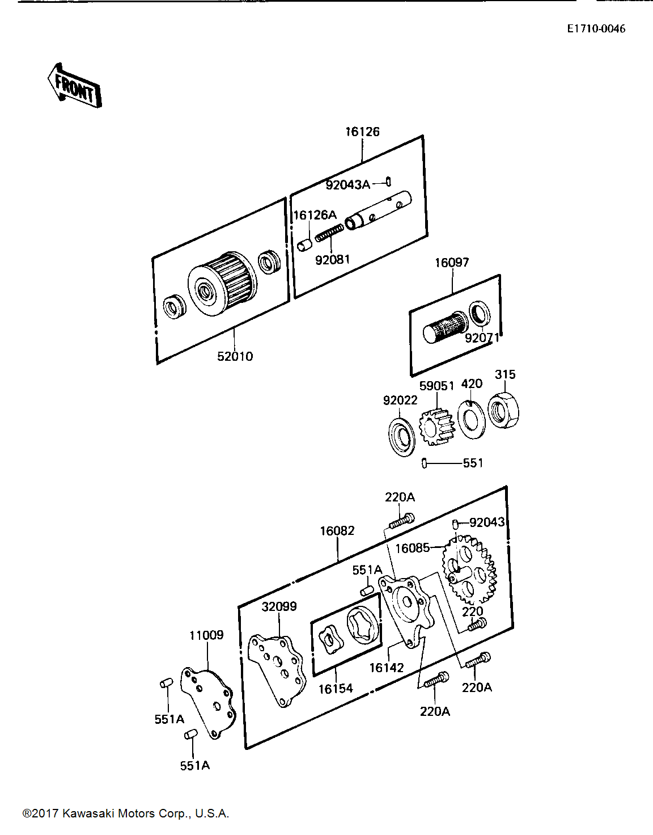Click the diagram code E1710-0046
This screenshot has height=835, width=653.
point(596,29)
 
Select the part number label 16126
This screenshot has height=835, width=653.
point(362,132)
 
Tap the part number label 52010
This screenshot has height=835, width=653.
point(235,356)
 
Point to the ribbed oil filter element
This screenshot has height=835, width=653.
point(223,284)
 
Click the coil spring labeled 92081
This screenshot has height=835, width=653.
point(329,233)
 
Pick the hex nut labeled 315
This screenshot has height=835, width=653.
point(503,410)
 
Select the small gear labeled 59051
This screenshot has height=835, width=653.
point(436,426)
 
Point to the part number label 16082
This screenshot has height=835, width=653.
point(337,531)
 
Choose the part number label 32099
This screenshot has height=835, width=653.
point(279,606)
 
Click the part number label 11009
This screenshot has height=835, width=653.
point(206,635)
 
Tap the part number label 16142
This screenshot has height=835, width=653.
point(387,668)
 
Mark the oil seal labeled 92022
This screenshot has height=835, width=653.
point(402,437)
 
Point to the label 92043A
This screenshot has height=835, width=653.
point(348,185)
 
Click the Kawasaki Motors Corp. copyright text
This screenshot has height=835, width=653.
point(126,813)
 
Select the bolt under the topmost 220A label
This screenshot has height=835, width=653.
point(401,521)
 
